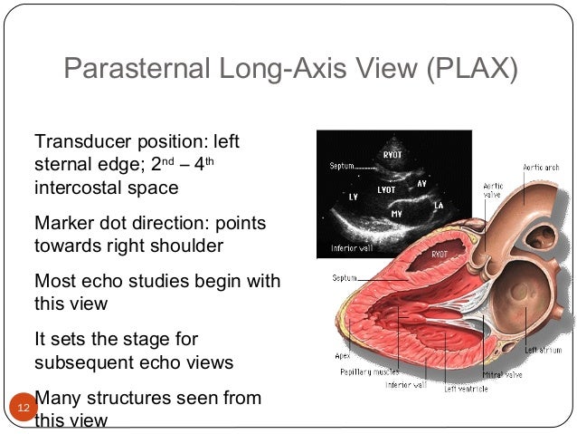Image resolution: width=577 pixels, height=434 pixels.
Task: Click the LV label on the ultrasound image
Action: (354, 196)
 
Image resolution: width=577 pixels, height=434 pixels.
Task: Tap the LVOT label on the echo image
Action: (387, 190)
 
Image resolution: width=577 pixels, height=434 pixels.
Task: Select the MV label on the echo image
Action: (396, 214)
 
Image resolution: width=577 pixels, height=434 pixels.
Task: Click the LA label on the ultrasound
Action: (439, 207)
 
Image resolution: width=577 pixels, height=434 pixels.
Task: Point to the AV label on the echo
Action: (421, 183)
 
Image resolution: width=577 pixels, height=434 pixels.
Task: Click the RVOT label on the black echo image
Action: (392, 154)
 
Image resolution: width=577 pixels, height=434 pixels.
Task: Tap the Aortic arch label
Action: (540, 168)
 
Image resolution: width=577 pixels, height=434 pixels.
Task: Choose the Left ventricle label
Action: (466, 388)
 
